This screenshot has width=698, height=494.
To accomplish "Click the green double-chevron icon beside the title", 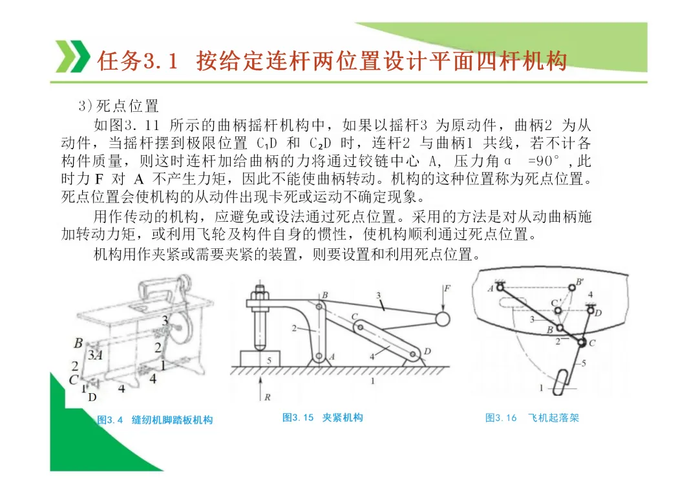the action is (x=72, y=56).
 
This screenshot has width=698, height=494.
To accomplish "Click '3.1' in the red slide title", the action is (x=160, y=61).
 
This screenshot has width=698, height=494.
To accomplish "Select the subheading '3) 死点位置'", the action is (x=118, y=106).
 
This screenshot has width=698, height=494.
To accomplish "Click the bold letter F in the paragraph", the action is (x=100, y=179).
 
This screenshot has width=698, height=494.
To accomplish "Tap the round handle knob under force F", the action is (x=443, y=319).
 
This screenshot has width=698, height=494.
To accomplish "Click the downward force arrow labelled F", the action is (x=443, y=297).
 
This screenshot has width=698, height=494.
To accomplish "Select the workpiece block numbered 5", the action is (x=260, y=358).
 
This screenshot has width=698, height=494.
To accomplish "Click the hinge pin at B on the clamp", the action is (x=319, y=306).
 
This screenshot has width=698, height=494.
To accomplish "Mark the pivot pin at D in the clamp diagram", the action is (x=413, y=354).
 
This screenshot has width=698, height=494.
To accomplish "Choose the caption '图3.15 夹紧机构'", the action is (x=323, y=418).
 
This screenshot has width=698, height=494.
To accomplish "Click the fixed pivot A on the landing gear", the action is (x=500, y=287).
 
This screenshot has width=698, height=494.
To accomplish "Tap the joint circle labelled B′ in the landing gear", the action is (x=572, y=287).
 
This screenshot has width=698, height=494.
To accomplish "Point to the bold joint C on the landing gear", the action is (x=582, y=342).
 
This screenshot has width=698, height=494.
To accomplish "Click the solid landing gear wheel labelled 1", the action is (x=561, y=382).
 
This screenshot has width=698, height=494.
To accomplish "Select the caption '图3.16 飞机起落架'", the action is (x=532, y=418).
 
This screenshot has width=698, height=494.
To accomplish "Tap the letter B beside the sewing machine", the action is (x=78, y=343).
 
